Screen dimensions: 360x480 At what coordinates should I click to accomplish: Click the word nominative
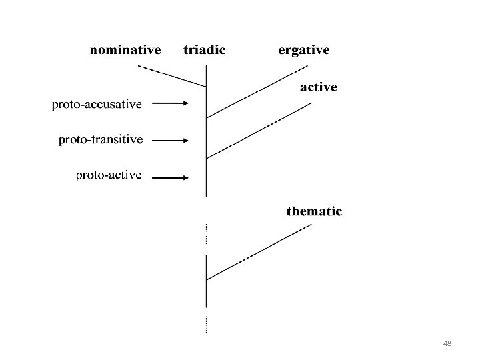(125, 50)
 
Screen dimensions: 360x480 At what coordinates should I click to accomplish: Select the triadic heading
(204, 50)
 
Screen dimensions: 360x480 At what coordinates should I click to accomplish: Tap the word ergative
(303, 51)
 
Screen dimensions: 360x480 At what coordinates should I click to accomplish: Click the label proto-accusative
(97, 104)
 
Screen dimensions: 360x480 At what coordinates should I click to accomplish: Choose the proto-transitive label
(101, 140)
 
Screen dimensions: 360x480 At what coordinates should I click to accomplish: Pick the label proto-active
(109, 175)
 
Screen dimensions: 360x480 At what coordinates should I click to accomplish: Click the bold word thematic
(314, 212)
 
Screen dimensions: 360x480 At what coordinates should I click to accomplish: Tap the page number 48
(447, 343)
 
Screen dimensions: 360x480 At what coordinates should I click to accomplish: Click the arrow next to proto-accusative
(171, 103)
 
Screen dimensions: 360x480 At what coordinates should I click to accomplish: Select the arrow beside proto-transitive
(171, 140)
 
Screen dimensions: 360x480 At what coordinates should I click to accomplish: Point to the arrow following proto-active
(171, 177)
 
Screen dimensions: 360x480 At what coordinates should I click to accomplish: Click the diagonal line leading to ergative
(257, 91)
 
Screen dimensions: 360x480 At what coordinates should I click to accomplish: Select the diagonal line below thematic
(259, 251)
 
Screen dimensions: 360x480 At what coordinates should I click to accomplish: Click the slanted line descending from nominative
(171, 76)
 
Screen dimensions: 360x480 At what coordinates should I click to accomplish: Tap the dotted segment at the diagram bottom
(206, 321)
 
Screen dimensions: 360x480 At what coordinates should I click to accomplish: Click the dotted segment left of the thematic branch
(206, 233)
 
